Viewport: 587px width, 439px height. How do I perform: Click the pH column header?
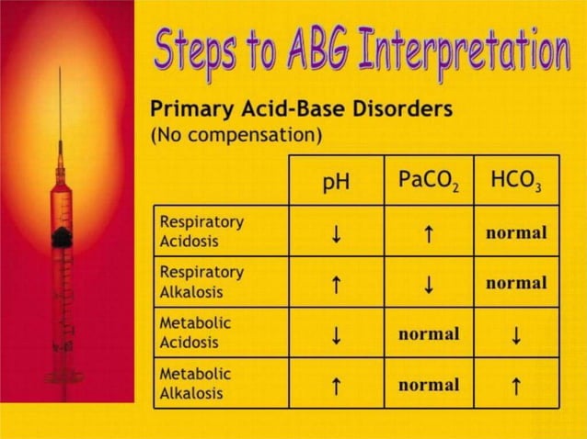[x=336, y=182]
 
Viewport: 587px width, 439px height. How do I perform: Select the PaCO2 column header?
[x=429, y=181]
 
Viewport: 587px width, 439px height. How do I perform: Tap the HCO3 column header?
[x=516, y=181]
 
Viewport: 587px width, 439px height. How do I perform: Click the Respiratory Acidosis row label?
[x=202, y=231]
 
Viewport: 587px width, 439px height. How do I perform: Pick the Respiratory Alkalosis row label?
[x=202, y=281]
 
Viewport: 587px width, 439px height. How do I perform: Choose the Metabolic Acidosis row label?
[x=195, y=332]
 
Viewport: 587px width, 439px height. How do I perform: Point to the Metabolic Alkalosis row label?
[x=195, y=384]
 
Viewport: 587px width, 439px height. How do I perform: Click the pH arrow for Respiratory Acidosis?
[x=337, y=232]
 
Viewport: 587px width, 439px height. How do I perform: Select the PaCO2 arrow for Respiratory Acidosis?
[x=428, y=232]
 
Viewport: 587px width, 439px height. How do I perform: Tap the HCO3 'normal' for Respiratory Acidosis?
[x=516, y=232]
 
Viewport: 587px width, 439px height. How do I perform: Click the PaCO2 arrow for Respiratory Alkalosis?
[x=428, y=283]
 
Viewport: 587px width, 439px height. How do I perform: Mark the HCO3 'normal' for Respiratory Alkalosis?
[x=516, y=283]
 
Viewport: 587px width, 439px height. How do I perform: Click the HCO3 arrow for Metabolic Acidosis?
[x=516, y=335]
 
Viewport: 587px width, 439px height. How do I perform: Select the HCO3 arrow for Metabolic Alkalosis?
[x=516, y=386]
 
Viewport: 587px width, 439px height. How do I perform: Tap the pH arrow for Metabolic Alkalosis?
[x=337, y=386]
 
